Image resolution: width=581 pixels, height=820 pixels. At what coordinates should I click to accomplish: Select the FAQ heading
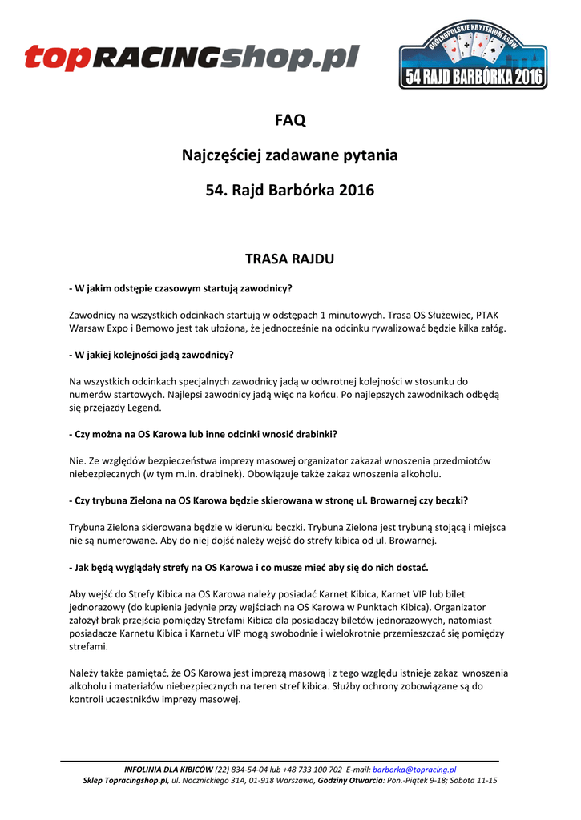point(290,121)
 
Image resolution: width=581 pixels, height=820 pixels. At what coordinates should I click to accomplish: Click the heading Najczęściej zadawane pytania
point(290,155)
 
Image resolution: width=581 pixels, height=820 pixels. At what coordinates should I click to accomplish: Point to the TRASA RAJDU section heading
point(289,259)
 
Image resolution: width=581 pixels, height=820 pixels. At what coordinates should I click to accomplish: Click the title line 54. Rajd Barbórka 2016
point(290,191)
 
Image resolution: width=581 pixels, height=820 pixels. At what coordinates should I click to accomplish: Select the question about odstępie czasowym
point(180,287)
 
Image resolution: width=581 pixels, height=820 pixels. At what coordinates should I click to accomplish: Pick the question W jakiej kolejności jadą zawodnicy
point(151,354)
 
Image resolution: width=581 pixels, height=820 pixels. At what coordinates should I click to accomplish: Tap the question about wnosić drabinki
point(203,434)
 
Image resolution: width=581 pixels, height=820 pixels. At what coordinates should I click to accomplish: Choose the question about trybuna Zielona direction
point(268,500)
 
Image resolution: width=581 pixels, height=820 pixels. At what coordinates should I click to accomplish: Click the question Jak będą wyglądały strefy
point(248,568)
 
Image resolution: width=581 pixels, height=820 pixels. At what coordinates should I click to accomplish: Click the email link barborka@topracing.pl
point(414,770)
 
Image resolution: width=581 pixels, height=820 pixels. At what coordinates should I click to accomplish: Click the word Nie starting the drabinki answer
point(76,461)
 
